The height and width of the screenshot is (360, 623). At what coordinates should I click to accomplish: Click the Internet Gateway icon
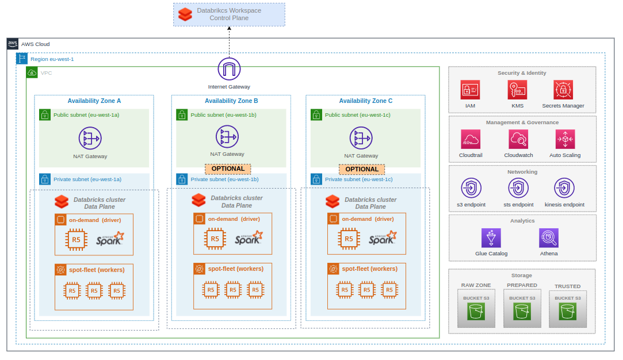229,70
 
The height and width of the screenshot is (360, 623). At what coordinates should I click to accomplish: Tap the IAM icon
470,90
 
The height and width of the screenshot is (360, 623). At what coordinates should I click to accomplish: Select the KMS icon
517,90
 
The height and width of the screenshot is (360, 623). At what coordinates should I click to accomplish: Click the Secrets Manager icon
563,90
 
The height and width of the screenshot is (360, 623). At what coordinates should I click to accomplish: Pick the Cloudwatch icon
518,139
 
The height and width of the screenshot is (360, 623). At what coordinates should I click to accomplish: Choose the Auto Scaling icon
565,139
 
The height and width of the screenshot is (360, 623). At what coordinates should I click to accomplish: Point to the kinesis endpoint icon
564,188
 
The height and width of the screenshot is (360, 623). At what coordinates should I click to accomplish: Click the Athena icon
549,238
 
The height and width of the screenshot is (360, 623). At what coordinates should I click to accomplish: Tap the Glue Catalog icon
491,238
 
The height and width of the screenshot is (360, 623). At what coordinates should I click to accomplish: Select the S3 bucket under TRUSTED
567,312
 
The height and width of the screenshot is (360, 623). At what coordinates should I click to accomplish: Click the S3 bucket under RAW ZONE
476,312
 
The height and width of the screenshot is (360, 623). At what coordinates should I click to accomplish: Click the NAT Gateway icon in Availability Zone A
90,138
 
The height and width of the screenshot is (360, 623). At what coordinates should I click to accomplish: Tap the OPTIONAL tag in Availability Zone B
228,168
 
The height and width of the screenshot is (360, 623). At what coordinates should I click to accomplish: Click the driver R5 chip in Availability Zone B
215,239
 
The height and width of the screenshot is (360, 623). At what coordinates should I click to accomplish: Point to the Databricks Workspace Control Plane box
229,14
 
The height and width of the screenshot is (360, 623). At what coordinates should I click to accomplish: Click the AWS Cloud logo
13,44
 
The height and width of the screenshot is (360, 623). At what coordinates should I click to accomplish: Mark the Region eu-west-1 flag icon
22,58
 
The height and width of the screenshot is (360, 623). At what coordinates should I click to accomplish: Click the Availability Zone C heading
365,101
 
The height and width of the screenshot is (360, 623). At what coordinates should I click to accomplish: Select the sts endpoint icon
518,188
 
